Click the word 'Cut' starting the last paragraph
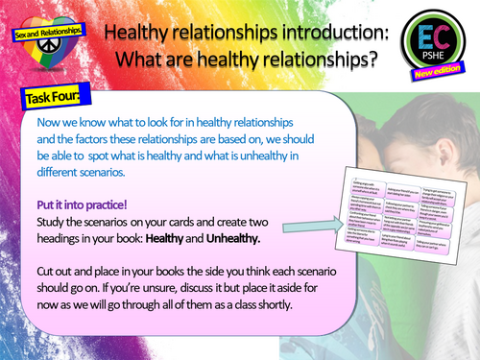(48, 270)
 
